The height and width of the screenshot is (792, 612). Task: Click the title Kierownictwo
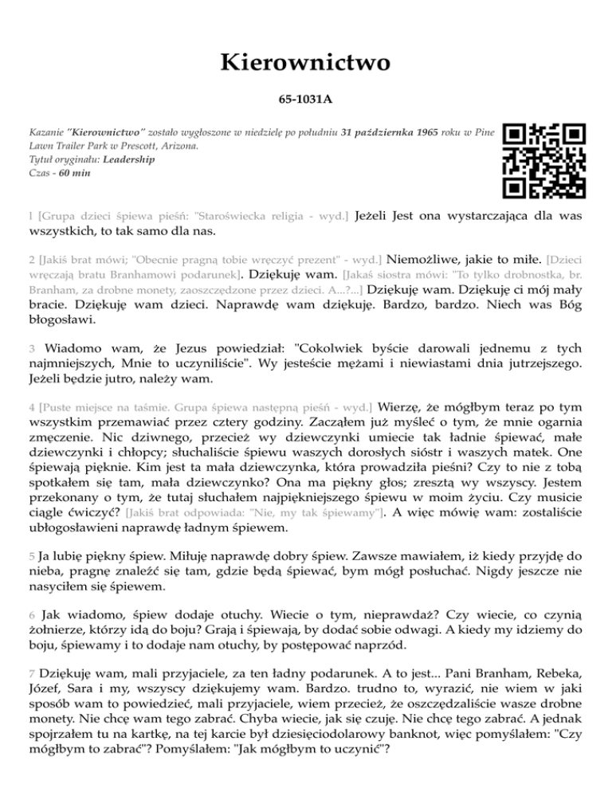coord(305,61)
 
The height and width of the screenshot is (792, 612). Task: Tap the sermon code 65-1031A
coord(305,103)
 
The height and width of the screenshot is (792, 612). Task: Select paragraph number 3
coord(31,349)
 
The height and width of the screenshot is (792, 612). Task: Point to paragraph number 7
coord(30,676)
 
